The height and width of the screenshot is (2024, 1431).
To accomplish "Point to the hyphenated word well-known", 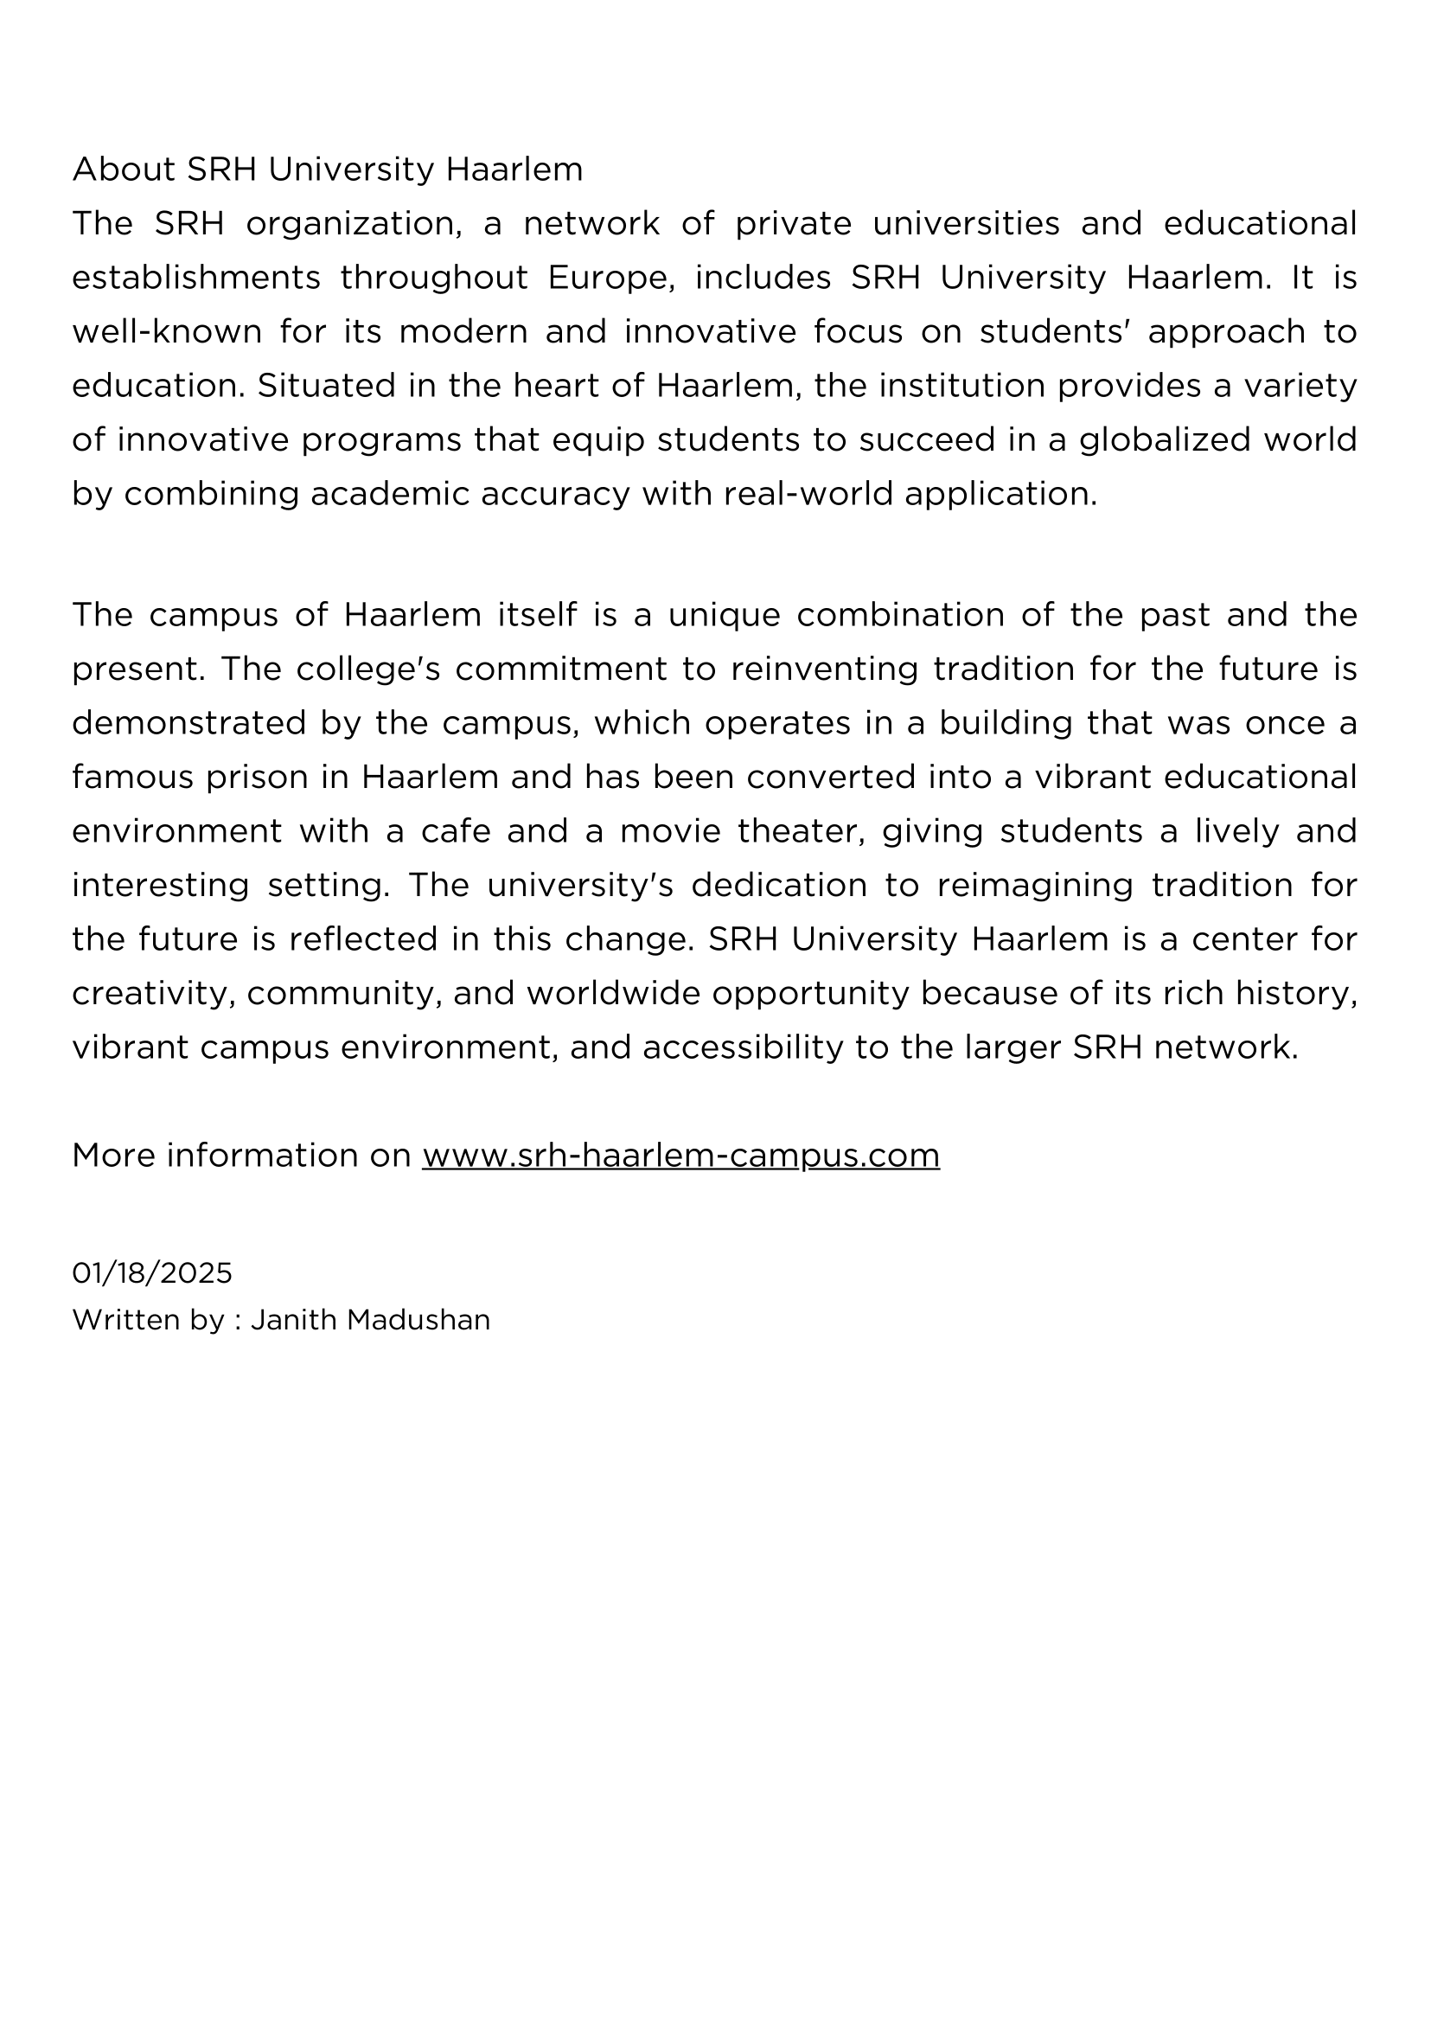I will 167,332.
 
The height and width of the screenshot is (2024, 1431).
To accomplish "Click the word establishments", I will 195,278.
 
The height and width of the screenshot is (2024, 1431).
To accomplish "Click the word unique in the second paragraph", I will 724,614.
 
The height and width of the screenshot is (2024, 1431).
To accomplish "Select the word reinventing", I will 823,669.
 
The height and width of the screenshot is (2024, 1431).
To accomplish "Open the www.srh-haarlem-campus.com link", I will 680,1155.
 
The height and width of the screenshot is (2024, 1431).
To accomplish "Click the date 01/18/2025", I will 151,1273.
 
